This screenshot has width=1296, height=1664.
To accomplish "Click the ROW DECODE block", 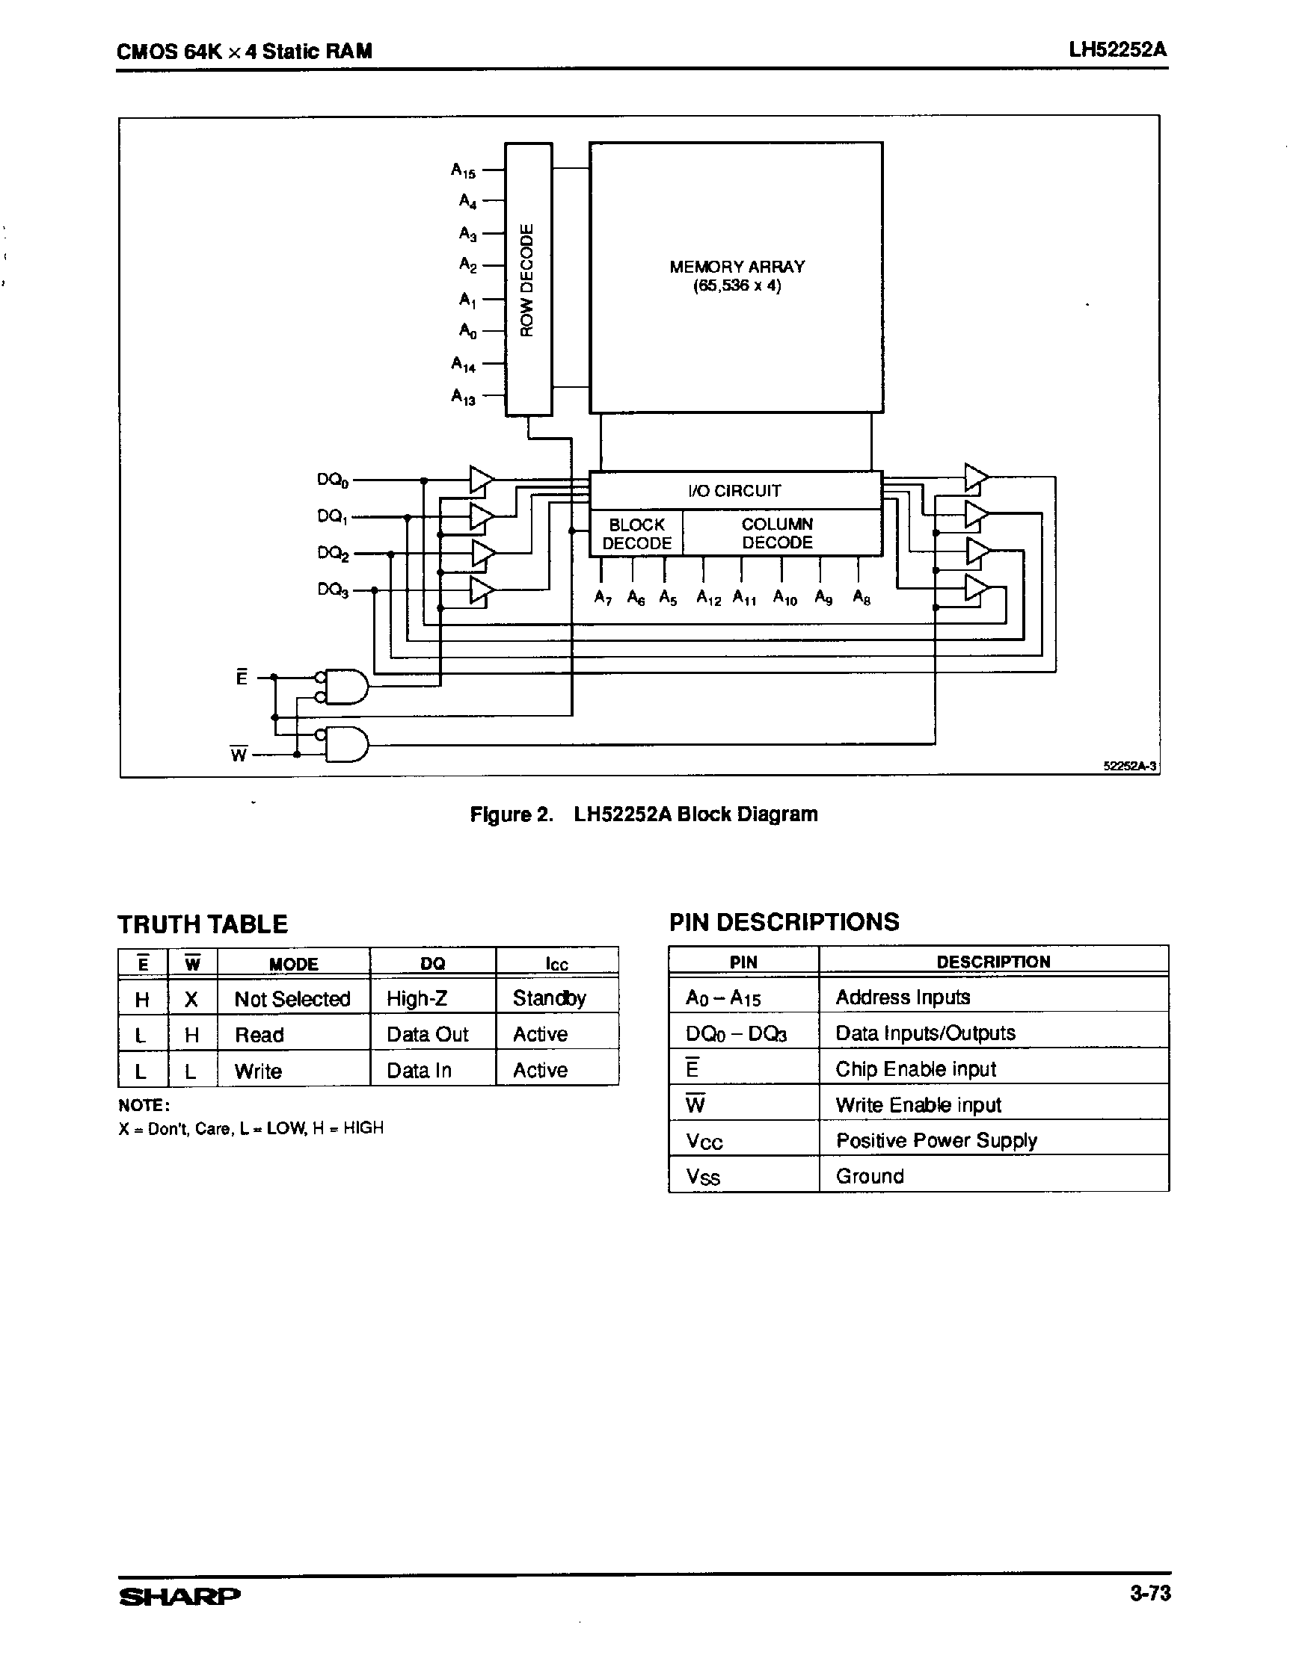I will click(528, 279).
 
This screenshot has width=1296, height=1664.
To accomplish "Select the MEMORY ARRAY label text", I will click(737, 276).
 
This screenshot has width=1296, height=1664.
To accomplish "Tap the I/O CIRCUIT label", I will click(734, 491).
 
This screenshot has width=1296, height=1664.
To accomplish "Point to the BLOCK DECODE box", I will click(636, 533).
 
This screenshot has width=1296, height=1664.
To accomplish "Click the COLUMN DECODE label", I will click(777, 533).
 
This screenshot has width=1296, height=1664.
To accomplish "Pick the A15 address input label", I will click(463, 170).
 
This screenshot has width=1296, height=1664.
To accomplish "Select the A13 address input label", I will click(463, 397).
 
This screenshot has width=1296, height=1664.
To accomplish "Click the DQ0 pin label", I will click(332, 480).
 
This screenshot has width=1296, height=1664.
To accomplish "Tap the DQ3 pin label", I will click(332, 590).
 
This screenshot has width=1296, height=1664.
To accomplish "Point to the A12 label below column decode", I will click(708, 599).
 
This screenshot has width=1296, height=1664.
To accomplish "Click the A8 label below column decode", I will click(862, 597).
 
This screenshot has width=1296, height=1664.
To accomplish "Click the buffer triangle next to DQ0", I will click(481, 480).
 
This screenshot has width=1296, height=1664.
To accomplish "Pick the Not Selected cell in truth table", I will click(292, 999).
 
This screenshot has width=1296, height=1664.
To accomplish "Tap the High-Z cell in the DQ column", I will click(417, 998).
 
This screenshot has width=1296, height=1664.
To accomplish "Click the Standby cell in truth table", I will click(549, 998).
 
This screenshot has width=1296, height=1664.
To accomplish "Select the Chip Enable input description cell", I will click(915, 1069).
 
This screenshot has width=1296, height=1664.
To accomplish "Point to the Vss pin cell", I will click(702, 1177).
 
